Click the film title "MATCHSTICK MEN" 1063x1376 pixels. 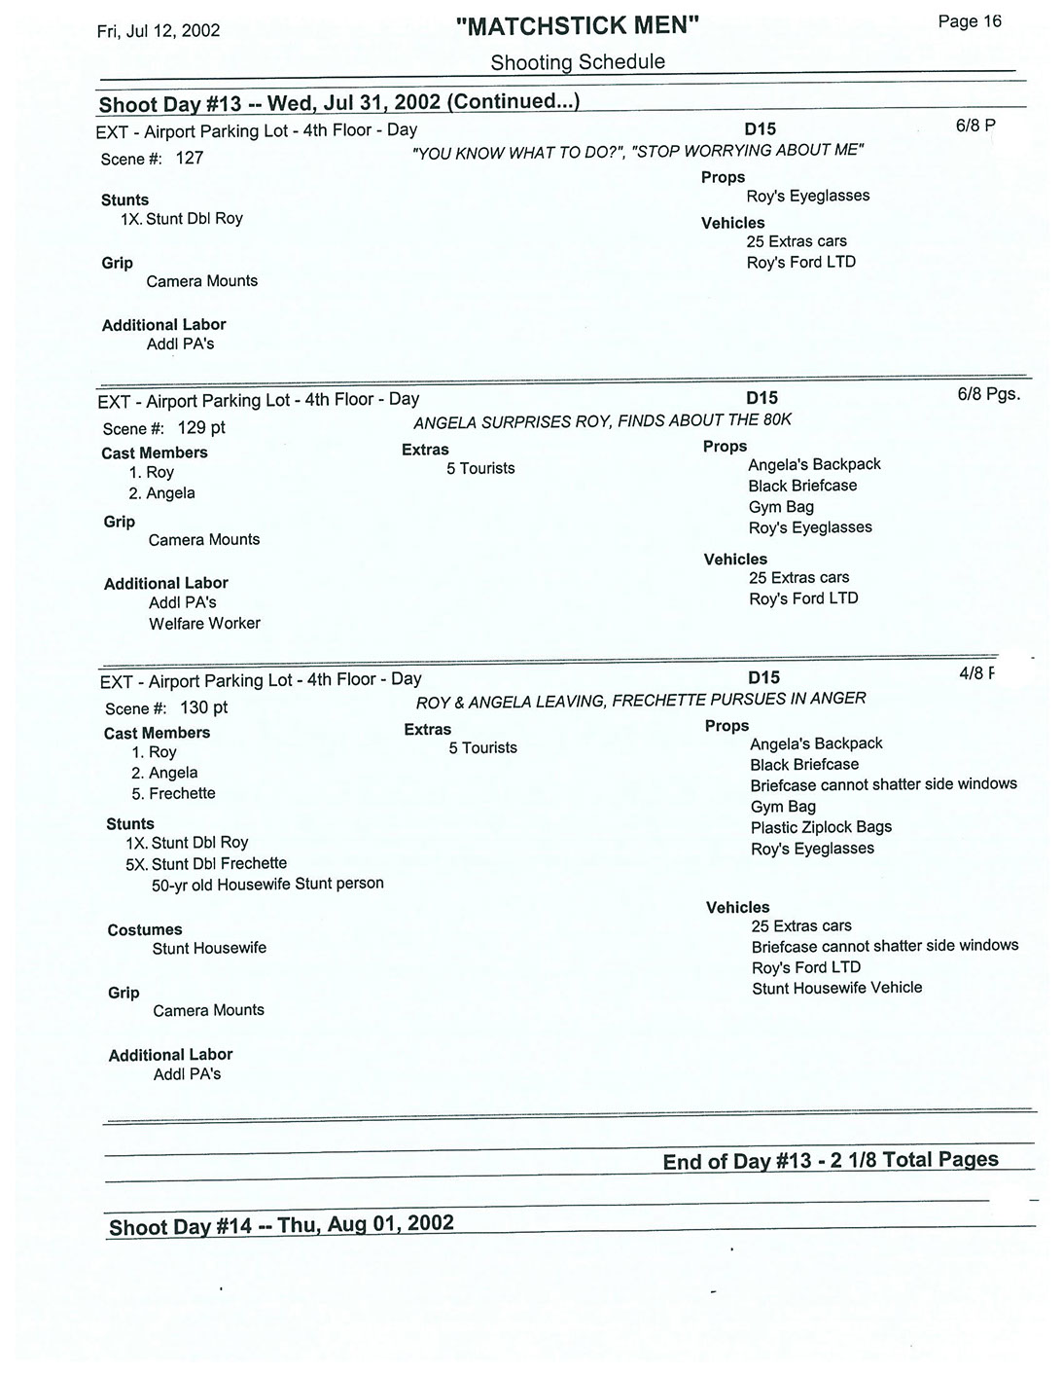578,25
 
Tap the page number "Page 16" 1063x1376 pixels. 969,21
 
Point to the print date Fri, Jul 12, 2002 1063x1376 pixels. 159,30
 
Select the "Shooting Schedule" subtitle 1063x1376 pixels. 578,62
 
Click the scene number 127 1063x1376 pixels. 190,158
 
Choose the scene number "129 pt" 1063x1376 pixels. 201,427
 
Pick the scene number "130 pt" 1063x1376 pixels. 204,707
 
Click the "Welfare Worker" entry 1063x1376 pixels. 204,623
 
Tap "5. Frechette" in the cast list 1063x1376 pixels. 173,793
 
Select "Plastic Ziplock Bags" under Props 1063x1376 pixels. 821,827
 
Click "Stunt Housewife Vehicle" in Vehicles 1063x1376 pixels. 836,988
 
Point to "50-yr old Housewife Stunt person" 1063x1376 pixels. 267,884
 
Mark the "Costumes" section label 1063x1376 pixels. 145,929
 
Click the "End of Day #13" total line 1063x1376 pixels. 830,1160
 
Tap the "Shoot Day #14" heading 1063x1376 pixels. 281,1224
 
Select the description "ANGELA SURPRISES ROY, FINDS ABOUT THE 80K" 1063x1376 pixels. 603,420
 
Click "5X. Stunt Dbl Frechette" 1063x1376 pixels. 206,863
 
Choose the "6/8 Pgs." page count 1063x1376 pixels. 988,395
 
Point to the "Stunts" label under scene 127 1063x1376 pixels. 125,199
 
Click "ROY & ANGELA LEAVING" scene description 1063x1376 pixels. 640,700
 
